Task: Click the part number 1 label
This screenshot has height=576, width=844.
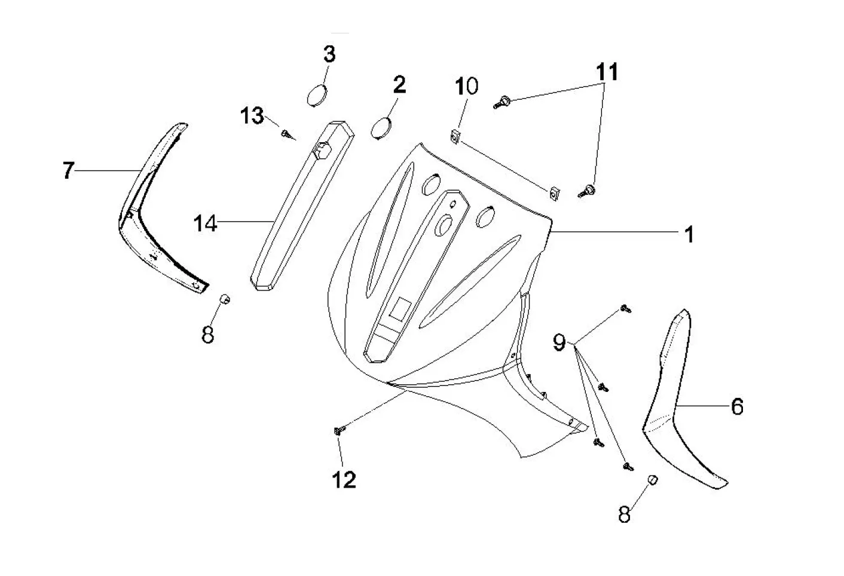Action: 689,234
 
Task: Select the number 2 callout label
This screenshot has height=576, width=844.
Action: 399,85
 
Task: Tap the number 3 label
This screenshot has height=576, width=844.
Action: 329,54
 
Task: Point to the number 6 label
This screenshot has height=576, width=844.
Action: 737,406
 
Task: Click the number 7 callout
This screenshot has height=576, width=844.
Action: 68,170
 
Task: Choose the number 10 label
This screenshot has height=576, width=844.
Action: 466,86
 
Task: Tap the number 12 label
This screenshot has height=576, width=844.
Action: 344,480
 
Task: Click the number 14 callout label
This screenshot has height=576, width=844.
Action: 205,223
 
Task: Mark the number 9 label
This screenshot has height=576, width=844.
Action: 559,342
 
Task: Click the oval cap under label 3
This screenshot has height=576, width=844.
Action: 317,96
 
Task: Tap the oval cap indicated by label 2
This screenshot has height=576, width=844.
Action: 381,128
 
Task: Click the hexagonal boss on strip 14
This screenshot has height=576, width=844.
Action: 322,151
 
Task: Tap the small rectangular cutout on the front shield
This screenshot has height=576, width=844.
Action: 400,308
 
